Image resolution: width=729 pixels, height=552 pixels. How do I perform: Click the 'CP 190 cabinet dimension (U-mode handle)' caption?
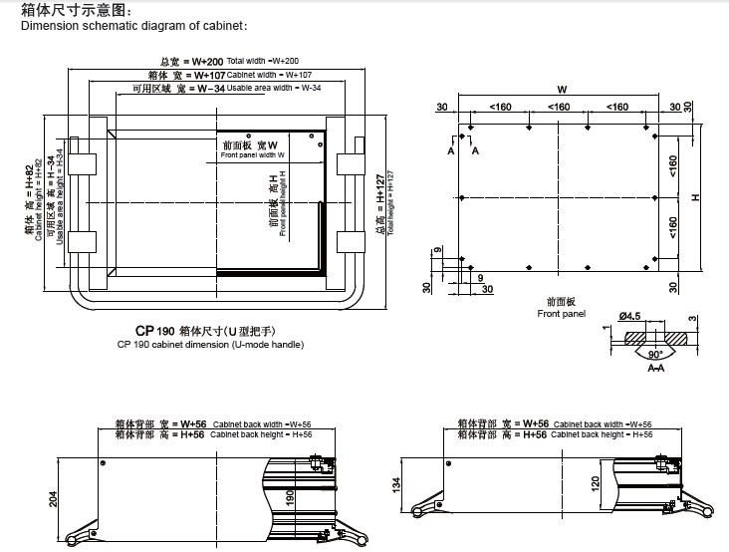point(210,344)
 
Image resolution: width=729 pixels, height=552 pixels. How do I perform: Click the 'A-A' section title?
point(655,369)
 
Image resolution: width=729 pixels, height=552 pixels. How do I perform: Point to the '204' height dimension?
point(54,499)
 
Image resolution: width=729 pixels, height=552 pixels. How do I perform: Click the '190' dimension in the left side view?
point(290,498)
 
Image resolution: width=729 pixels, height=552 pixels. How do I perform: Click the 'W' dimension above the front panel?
point(560,92)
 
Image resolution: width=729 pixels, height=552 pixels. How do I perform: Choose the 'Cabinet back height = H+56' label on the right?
point(601,435)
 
